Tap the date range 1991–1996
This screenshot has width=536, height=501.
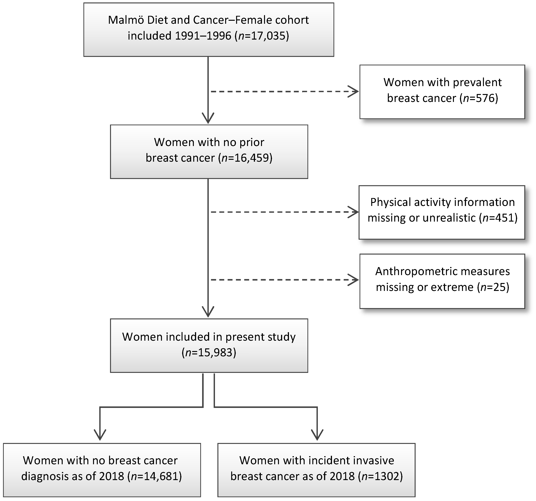click(x=203, y=36)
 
